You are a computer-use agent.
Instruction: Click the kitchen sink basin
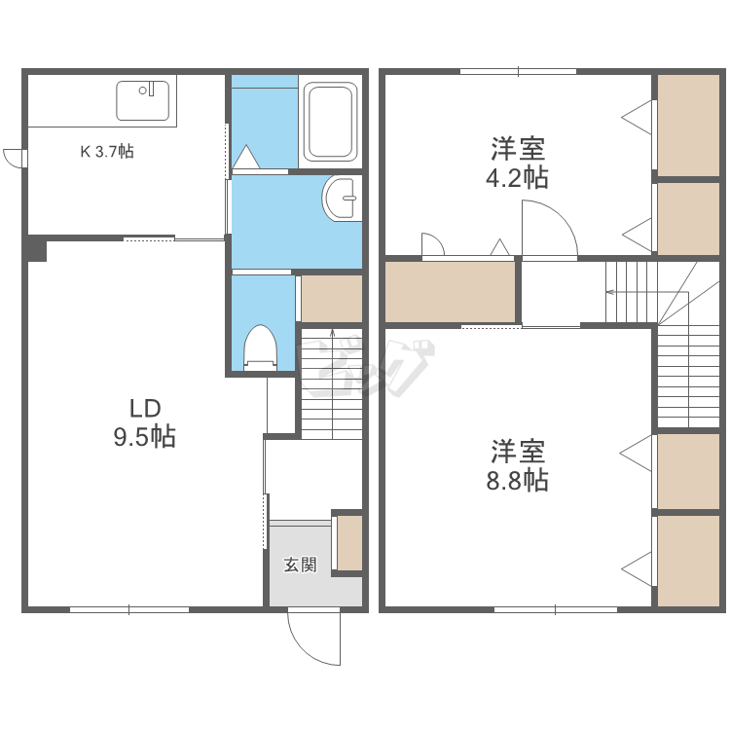[x=142, y=100]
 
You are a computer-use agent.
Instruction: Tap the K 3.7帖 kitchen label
[x=107, y=151]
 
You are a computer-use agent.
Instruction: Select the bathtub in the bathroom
[x=331, y=122]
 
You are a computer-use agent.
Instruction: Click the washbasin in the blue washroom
[x=342, y=199]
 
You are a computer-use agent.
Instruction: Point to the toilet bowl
[x=261, y=347]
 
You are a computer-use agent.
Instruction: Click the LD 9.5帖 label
[x=145, y=422]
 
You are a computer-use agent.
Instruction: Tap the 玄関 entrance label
[x=301, y=565]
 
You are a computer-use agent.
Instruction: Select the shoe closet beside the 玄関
[x=349, y=543]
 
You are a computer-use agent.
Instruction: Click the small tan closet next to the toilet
[x=332, y=299]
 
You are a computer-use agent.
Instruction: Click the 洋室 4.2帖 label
[x=517, y=163]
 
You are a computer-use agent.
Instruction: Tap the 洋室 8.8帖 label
[x=517, y=465]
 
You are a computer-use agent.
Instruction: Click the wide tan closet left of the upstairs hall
[x=451, y=292]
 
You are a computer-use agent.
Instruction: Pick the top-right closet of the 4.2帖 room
[x=688, y=126]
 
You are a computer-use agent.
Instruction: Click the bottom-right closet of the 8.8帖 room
[x=688, y=561]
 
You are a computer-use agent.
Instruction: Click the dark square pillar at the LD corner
[x=37, y=250]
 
